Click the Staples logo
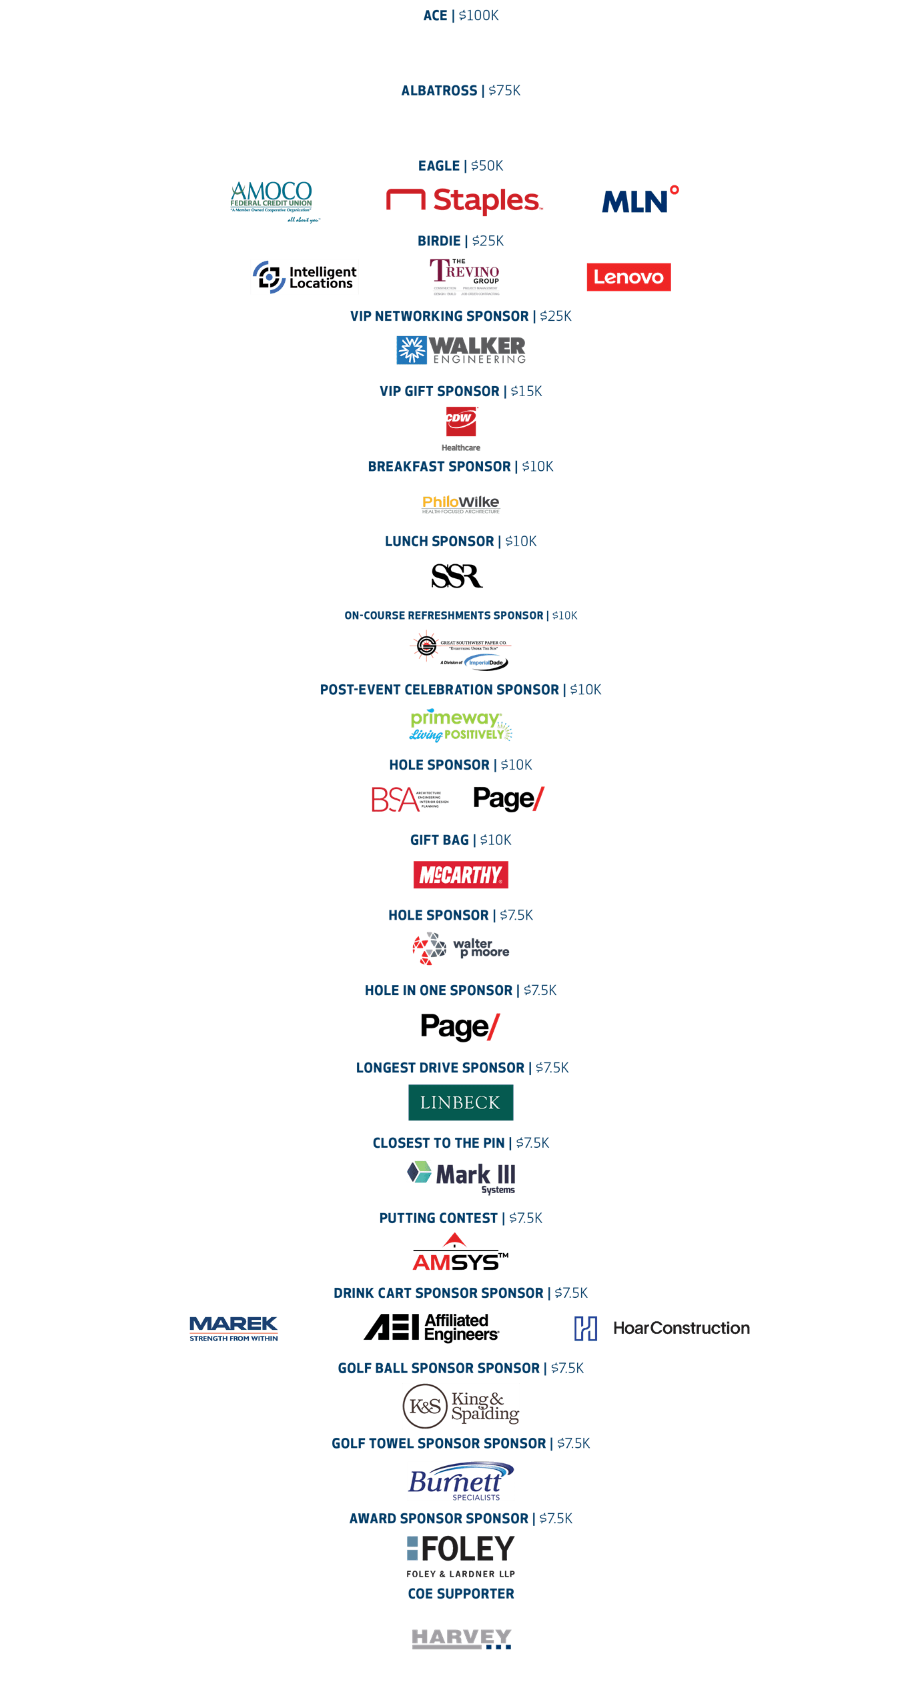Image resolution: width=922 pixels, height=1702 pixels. (x=465, y=201)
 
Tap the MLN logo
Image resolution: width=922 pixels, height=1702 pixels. (x=640, y=201)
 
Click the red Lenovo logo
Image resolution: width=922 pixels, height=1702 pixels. (x=628, y=277)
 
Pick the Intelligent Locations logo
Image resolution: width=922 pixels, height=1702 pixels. (x=304, y=277)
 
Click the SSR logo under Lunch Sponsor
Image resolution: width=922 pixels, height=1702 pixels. (x=457, y=576)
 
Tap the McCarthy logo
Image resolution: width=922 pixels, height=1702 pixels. (x=460, y=875)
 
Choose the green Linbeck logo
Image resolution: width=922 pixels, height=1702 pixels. (x=460, y=1102)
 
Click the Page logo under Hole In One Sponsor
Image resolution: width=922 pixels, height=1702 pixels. (x=460, y=1026)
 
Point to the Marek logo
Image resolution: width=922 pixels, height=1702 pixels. (x=234, y=1328)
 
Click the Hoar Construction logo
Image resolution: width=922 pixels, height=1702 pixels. (x=662, y=1328)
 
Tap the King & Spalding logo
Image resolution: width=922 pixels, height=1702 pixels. (x=460, y=1406)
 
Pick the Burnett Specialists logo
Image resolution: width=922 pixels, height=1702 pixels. (x=460, y=1481)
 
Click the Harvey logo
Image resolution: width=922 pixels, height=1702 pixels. (x=461, y=1638)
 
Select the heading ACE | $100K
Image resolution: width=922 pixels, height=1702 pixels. (x=461, y=15)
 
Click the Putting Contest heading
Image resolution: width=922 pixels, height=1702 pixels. (x=461, y=1218)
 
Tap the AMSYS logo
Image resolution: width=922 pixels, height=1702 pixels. (x=460, y=1254)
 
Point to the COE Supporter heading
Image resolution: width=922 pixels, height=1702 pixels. (x=461, y=1593)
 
